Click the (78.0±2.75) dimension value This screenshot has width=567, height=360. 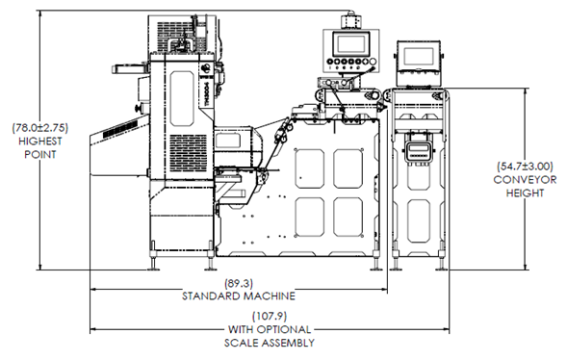pos(40,128)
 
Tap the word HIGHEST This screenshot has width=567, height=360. pos(40,141)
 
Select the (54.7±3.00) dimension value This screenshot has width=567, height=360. pos(525,167)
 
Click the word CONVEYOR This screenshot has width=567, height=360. pos(525,180)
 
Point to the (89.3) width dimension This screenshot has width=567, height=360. pos(239,283)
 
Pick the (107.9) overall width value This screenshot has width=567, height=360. pos(270,317)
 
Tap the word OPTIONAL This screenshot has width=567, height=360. pos(284,329)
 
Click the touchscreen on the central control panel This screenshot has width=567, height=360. pos(351,44)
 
